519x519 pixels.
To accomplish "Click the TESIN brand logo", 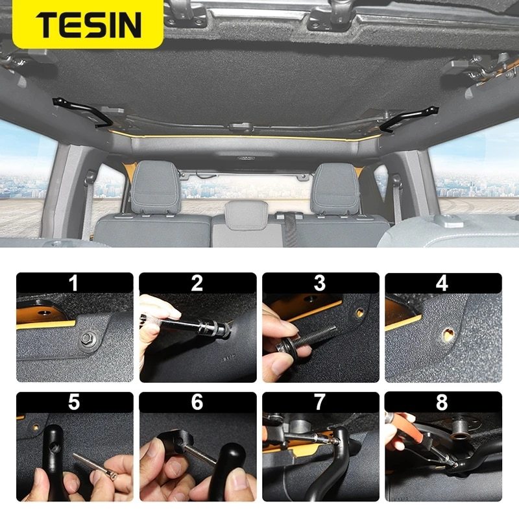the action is click(x=89, y=25).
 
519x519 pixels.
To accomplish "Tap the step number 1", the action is click(x=74, y=283).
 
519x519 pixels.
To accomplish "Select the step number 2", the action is click(x=197, y=283).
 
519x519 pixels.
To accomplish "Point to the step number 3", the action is click(x=320, y=283).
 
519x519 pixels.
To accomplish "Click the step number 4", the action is click(x=442, y=283).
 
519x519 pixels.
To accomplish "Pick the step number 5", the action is click(x=74, y=402).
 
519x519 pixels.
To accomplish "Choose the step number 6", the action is click(x=197, y=402).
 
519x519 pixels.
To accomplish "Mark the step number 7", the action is click(x=320, y=402).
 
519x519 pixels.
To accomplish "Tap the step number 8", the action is click(x=442, y=402).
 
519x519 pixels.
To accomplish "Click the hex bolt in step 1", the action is click(x=87, y=339).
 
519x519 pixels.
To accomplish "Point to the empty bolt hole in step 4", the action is click(x=448, y=335).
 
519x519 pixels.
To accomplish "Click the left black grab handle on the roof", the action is click(x=82, y=112).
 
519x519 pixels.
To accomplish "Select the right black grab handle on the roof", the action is click(x=408, y=119).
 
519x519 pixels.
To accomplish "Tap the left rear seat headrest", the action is click(x=156, y=187).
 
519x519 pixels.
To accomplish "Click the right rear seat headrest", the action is click(x=335, y=188).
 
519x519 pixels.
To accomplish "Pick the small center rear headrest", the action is click(x=247, y=215).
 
